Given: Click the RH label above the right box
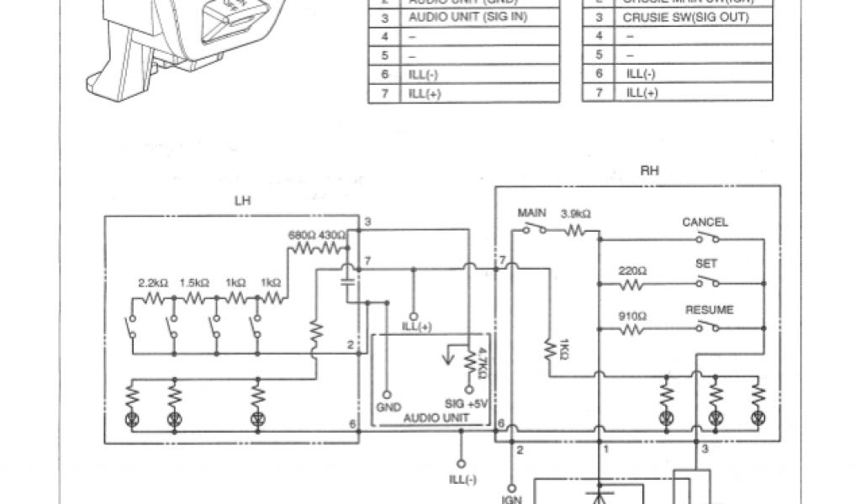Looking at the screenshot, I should click(649, 170).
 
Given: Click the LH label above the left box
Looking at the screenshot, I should click(242, 202).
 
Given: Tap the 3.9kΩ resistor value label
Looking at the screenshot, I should click(575, 215).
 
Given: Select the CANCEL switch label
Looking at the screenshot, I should click(705, 223).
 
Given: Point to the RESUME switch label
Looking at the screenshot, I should click(709, 310).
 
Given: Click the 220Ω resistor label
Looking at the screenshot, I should click(631, 270).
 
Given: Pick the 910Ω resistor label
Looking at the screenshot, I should click(631, 318).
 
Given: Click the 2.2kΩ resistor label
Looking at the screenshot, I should click(153, 283).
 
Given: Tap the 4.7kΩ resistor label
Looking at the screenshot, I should click(482, 365).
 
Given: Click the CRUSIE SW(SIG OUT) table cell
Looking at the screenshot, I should click(686, 17).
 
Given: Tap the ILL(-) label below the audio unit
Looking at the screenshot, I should click(462, 480).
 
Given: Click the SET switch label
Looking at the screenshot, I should click(705, 264).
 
